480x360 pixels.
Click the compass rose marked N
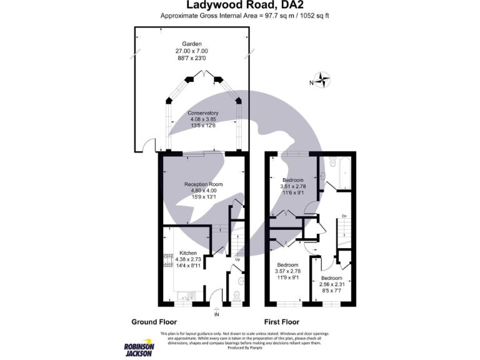click(x=323, y=80)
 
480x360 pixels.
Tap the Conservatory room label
click(x=204, y=113)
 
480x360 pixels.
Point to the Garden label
click(x=192, y=43)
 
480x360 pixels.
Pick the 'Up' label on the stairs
click(x=237, y=259)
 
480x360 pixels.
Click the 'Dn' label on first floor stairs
click(x=343, y=216)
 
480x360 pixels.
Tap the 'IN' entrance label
click(x=217, y=314)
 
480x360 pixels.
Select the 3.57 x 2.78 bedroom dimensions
click(x=289, y=271)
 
